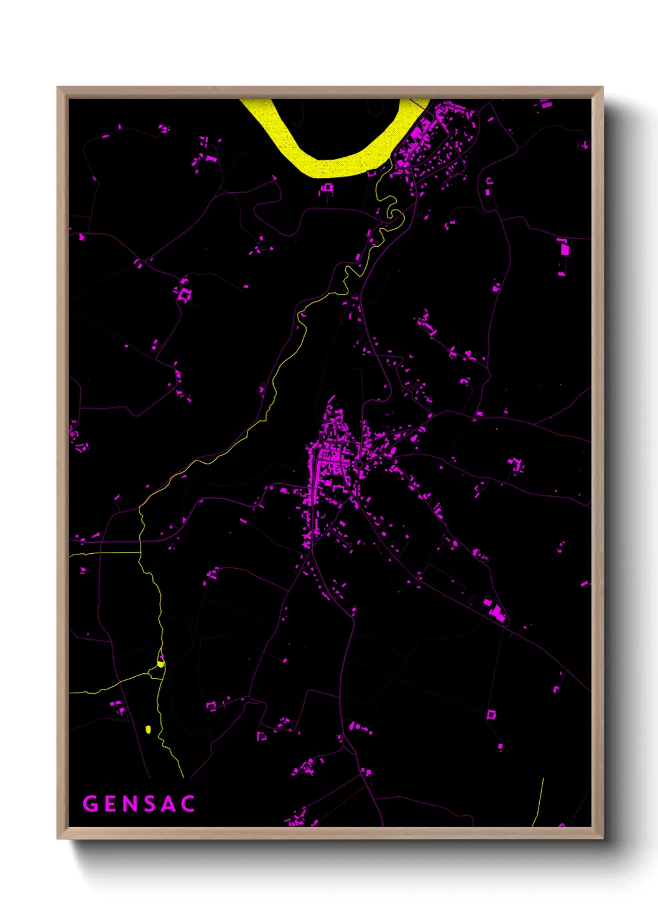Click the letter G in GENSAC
91,804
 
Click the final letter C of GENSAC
188,804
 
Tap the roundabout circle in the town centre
359,464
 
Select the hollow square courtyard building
491,714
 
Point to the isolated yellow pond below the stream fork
148,729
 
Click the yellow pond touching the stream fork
160,664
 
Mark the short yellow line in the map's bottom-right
539,802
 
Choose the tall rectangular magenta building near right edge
565,249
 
